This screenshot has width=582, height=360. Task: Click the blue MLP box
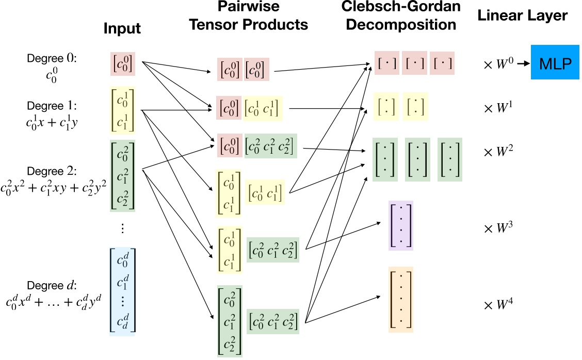click(x=555, y=62)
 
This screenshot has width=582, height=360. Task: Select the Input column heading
click(x=122, y=28)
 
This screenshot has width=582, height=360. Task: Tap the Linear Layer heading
click(x=522, y=15)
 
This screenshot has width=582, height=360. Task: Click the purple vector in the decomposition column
click(x=401, y=226)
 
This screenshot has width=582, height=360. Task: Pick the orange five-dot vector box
click(x=401, y=300)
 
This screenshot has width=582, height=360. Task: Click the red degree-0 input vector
click(x=123, y=64)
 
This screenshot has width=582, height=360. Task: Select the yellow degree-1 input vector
click(x=123, y=110)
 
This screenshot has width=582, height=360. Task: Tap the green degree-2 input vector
click(x=122, y=176)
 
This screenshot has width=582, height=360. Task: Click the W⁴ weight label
click(x=498, y=305)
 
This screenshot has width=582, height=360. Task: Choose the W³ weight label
click(x=498, y=228)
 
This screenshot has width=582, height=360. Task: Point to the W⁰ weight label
click(x=498, y=64)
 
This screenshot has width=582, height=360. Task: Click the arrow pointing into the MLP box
click(x=523, y=63)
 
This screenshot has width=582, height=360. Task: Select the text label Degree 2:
click(x=52, y=171)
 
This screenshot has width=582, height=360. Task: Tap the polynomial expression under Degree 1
click(x=52, y=122)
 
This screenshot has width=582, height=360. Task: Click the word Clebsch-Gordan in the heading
click(x=401, y=7)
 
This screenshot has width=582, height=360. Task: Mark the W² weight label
click(x=498, y=152)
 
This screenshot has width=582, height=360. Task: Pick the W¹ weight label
click(x=498, y=108)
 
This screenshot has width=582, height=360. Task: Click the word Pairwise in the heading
click(x=248, y=6)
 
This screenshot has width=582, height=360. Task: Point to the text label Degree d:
click(x=52, y=285)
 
